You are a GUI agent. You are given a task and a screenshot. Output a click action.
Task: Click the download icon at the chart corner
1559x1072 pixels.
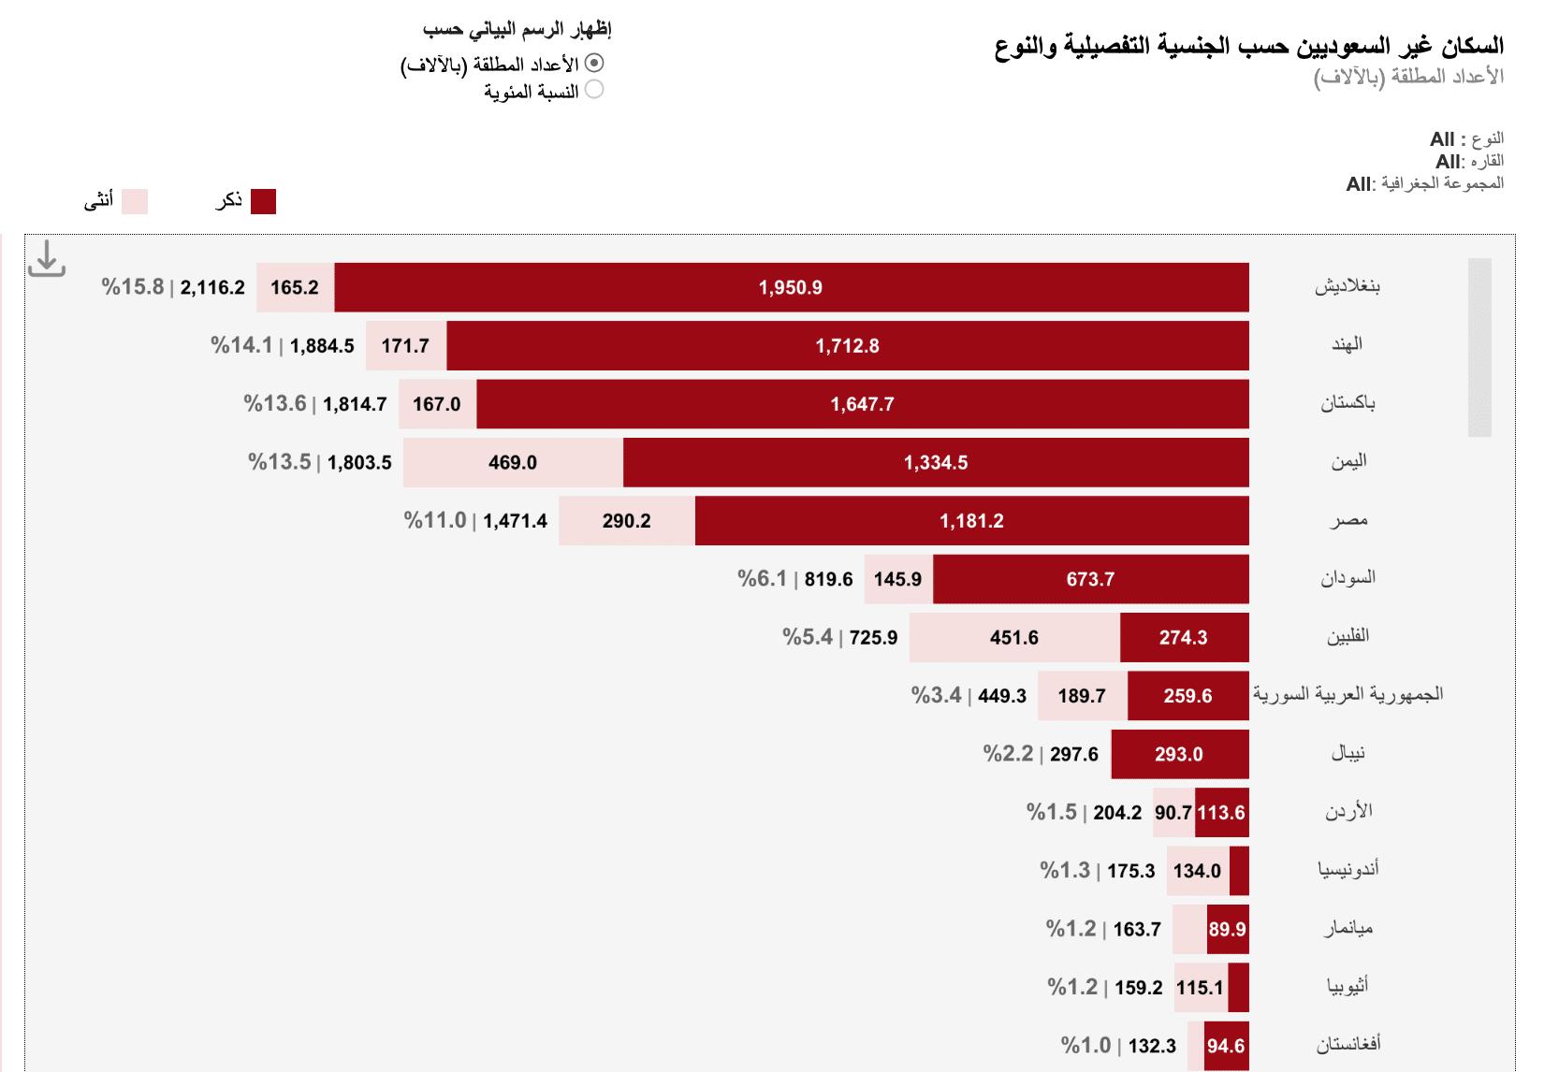(x=46, y=259)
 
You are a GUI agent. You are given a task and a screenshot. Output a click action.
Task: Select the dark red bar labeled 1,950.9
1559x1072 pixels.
(x=791, y=287)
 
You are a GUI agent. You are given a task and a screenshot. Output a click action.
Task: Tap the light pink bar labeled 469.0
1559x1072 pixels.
(x=513, y=462)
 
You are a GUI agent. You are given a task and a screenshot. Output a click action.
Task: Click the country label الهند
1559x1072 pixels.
(x=1347, y=344)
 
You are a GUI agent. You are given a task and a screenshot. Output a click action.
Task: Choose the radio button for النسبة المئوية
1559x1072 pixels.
(x=594, y=90)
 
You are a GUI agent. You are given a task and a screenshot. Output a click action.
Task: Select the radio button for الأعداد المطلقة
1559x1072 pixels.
(x=594, y=63)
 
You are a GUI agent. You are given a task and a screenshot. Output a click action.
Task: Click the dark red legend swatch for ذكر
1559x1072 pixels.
(x=263, y=201)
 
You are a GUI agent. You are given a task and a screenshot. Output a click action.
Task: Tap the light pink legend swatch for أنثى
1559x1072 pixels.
(x=135, y=201)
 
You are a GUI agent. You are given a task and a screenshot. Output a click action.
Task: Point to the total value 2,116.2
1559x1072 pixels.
(x=212, y=287)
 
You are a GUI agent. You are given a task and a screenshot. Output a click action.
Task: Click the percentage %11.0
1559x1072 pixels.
(x=435, y=520)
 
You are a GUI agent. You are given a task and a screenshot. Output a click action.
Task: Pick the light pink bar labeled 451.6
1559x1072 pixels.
(x=1013, y=637)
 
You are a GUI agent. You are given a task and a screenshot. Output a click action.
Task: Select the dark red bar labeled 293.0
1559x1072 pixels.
(x=1179, y=754)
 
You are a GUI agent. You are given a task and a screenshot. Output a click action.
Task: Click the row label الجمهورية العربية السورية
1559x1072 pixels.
(x=1348, y=694)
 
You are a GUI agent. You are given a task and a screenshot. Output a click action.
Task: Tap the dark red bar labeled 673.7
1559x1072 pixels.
(x=1090, y=579)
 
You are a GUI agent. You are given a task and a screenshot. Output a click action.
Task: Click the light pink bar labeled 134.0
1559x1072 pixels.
(x=1197, y=871)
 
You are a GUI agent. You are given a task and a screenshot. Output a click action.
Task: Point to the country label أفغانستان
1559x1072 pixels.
(x=1348, y=1044)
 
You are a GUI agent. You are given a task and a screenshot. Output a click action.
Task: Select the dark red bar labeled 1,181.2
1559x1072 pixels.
(x=971, y=520)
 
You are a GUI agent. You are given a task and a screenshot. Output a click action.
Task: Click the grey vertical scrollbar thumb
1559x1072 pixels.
(x=1479, y=347)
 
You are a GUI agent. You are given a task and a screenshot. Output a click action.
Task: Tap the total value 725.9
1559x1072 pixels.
(x=873, y=637)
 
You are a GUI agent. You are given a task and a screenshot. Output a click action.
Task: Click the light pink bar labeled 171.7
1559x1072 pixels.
(x=405, y=345)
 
